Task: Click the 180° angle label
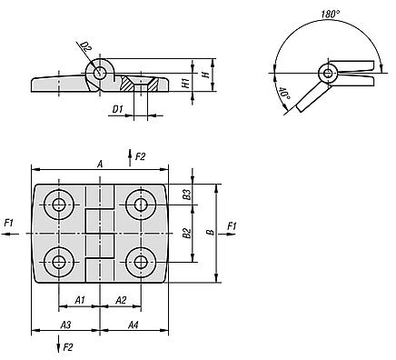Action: coord(331,14)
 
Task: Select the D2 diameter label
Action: coord(86,46)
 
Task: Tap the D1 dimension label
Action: coord(117,109)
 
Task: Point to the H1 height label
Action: coord(187,82)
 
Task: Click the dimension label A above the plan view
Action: coord(100,164)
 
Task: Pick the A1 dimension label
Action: coord(80,300)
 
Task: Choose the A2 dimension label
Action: coord(121,300)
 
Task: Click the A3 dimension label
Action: coord(65,325)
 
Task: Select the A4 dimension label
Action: coord(133,325)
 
